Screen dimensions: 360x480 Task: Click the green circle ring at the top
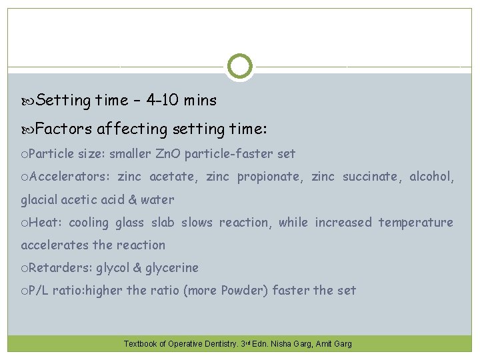pyautogui.click(x=240, y=67)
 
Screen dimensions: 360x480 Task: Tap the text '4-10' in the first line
pyautogui.click(x=164, y=101)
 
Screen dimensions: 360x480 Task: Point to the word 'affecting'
pyautogui.click(x=126, y=127)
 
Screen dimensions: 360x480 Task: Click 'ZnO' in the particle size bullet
pyautogui.click(x=168, y=154)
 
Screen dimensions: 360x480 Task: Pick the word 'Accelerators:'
pyautogui.click(x=69, y=177)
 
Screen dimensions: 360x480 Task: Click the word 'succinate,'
pyautogui.click(x=371, y=177)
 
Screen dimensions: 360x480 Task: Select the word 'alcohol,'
pyautogui.click(x=431, y=177)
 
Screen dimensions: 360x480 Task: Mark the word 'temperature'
pyautogui.click(x=416, y=222)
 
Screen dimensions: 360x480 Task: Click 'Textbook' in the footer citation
pyautogui.click(x=141, y=344)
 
